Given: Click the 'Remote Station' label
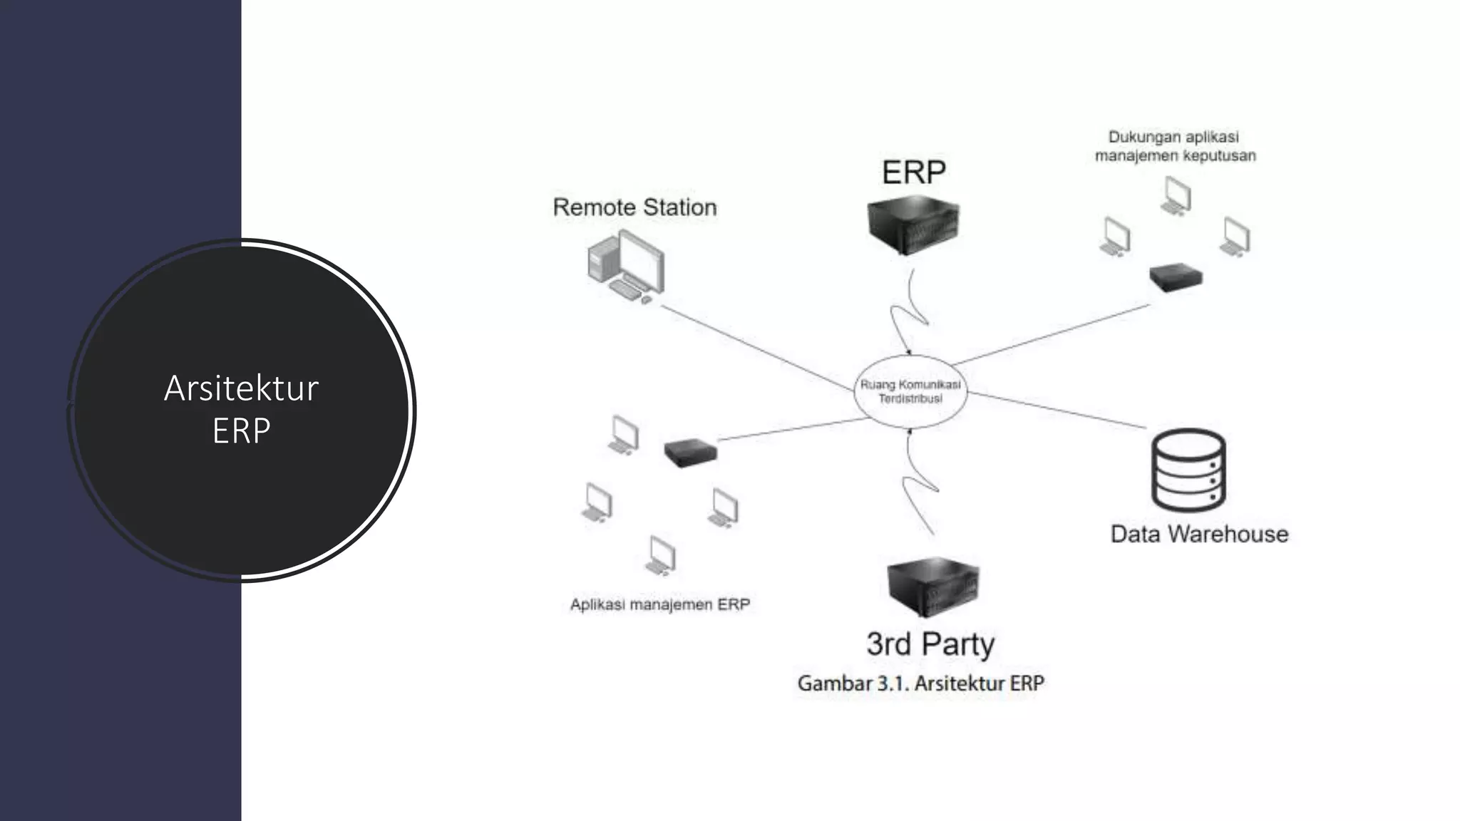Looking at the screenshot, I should [634, 207].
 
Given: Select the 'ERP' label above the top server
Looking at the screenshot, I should [913, 172].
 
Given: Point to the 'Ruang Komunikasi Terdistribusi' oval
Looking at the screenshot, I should [910, 391].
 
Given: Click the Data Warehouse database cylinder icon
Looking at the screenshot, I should [1188, 470].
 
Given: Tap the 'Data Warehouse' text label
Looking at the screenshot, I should [1199, 534].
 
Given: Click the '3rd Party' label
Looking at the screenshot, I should [930, 644].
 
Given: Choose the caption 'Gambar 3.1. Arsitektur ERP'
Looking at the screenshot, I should [920, 683].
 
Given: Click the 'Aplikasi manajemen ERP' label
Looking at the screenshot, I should [660, 605].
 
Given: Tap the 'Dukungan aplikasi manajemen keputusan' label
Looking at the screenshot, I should [1175, 146].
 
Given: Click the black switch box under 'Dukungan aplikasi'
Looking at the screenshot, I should [1176, 277].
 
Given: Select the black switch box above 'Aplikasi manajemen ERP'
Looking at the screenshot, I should [690, 452].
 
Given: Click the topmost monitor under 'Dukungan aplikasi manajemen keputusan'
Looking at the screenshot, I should [1176, 195].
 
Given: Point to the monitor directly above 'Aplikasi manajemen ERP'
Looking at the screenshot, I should [661, 556].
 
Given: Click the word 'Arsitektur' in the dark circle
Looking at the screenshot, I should [241, 388].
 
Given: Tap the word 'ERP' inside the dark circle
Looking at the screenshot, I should [241, 430].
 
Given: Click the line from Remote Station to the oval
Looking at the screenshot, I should [752, 348].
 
